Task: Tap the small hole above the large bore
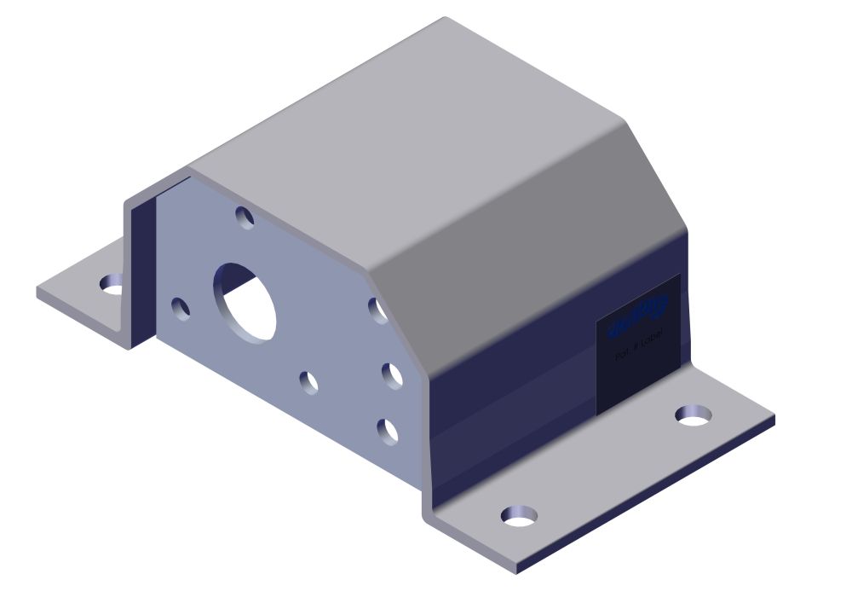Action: coord(245,217)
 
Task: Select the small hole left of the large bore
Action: coord(181,309)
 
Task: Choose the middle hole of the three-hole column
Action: coord(391,375)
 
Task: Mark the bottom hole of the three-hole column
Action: coord(388,432)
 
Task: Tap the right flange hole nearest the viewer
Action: coord(519,515)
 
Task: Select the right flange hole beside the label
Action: coord(694,415)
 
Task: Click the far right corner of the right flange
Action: coord(774,420)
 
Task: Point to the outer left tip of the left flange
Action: coord(38,292)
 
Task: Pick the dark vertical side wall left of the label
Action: coord(511,401)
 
